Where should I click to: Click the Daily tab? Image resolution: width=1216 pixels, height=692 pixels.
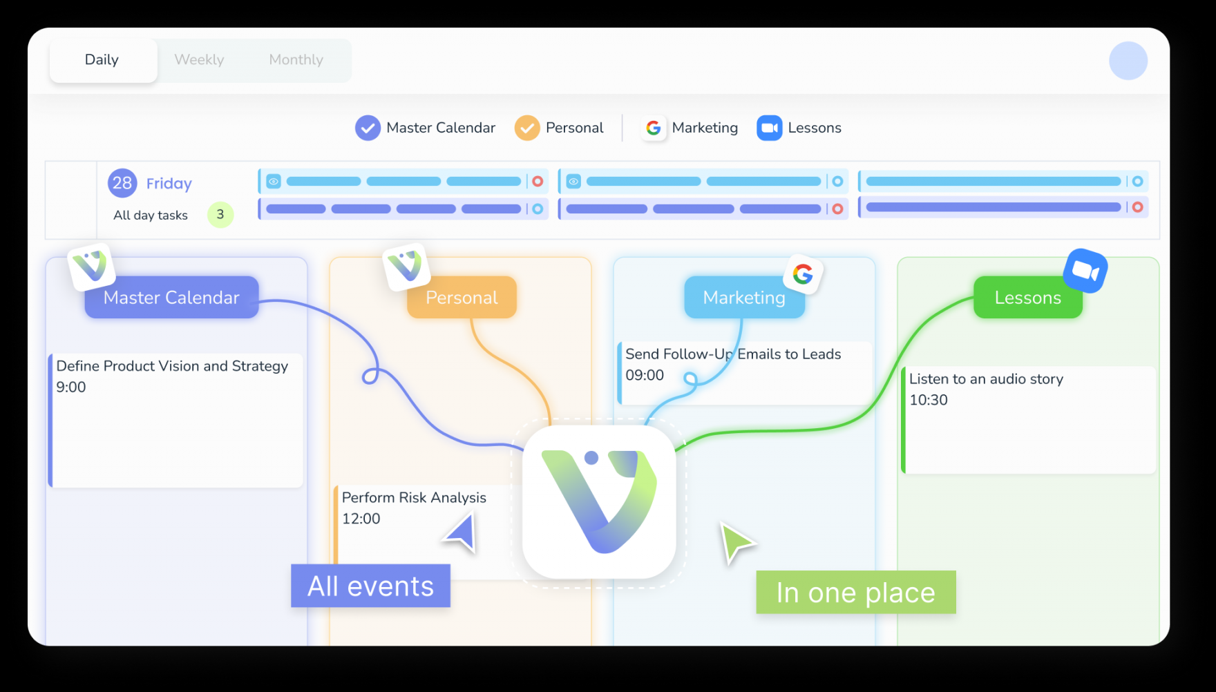tap(103, 60)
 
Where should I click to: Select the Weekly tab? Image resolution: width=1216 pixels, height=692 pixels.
tap(199, 60)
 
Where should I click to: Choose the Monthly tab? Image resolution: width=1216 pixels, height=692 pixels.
tap(296, 60)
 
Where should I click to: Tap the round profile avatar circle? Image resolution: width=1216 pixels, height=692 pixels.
tap(1128, 61)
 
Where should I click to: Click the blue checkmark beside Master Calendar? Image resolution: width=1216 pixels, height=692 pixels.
tap(368, 128)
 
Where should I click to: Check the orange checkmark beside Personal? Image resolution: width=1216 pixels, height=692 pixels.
tap(527, 128)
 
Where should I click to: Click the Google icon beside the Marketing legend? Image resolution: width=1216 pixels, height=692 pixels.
tap(653, 128)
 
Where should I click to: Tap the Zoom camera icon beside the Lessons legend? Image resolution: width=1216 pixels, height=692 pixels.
tap(769, 128)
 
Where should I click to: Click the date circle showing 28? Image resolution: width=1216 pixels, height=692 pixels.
tap(122, 183)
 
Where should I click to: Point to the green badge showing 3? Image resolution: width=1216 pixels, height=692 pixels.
tap(220, 215)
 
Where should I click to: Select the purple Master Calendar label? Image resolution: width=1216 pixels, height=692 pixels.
tap(171, 298)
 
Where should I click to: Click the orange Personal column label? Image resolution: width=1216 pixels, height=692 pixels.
tap(462, 298)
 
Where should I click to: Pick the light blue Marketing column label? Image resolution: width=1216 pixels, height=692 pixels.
tap(744, 298)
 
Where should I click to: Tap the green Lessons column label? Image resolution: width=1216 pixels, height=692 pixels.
tap(1028, 298)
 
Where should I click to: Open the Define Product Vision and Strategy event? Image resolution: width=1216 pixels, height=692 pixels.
tap(175, 421)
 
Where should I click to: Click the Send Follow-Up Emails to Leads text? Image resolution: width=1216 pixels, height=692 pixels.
tap(733, 354)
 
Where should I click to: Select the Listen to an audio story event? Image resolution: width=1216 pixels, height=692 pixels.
tap(1029, 420)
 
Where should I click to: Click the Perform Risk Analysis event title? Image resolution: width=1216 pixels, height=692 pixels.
tap(414, 498)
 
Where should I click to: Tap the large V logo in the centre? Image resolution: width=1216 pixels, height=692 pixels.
tap(599, 502)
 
